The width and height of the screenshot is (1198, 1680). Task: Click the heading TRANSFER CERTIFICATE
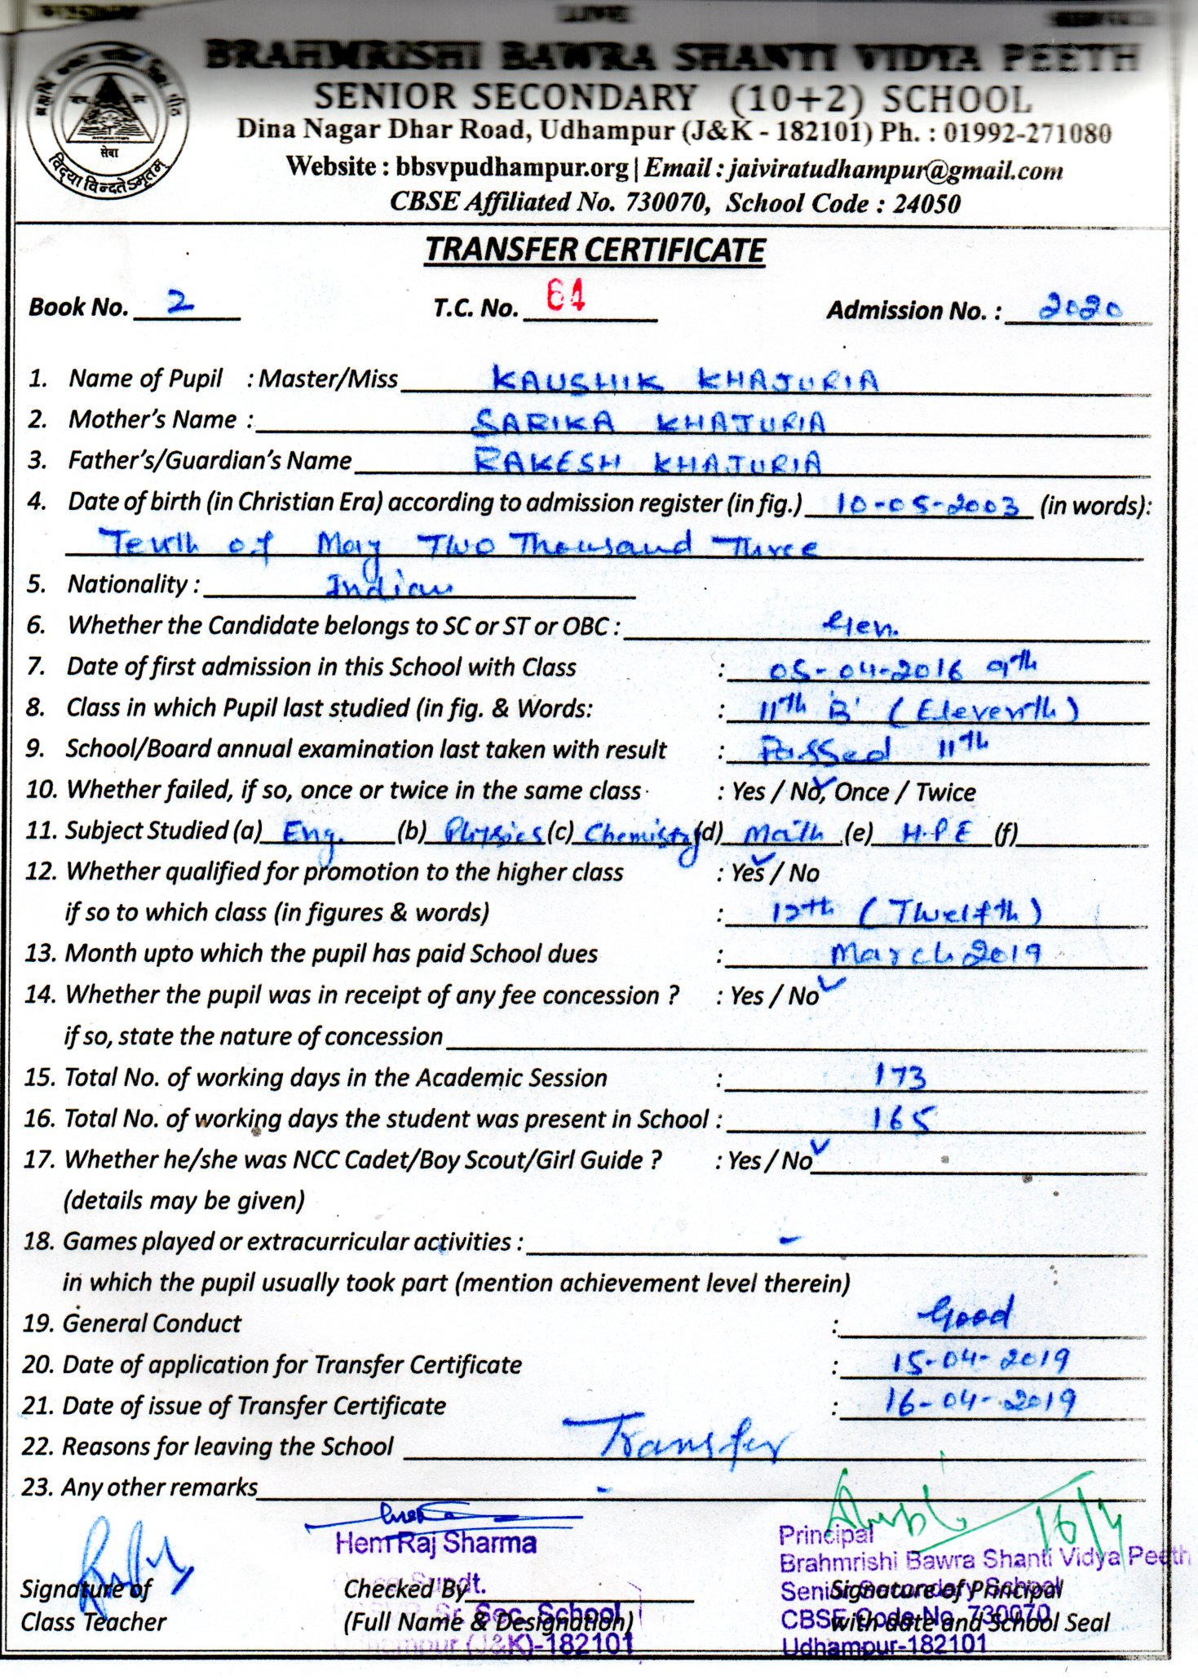(x=595, y=250)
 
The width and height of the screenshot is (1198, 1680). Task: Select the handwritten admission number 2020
(x=1079, y=308)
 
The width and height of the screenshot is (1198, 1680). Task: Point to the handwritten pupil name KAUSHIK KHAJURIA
(x=685, y=380)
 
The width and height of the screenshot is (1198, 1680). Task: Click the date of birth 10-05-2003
(x=917, y=505)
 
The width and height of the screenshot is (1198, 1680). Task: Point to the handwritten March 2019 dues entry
(x=935, y=954)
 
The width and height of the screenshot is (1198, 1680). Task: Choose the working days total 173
(x=900, y=1077)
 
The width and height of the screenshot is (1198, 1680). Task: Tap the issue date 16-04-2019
(x=979, y=1402)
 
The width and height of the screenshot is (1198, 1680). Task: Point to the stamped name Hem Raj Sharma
(x=435, y=1543)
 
